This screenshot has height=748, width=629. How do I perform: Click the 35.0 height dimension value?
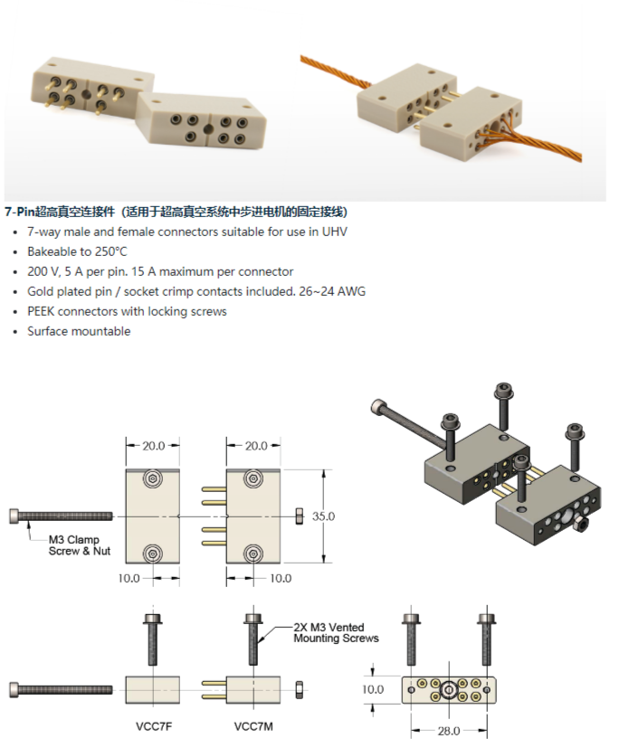click(x=323, y=516)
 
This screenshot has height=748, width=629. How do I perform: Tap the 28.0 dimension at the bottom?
click(x=449, y=731)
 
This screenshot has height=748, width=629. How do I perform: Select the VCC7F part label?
click(x=154, y=726)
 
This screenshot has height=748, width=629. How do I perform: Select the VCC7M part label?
click(x=253, y=726)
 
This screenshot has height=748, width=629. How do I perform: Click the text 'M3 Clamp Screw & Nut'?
click(x=80, y=545)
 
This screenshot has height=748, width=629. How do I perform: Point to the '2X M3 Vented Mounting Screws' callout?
click(x=336, y=632)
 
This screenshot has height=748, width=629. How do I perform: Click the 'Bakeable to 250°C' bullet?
click(x=77, y=251)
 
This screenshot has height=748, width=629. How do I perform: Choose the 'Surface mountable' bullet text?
click(x=79, y=331)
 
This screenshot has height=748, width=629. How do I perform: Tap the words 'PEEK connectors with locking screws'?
click(x=127, y=311)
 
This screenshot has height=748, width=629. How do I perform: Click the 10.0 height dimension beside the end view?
click(x=373, y=689)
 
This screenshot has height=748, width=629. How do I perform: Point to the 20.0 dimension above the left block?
click(x=153, y=446)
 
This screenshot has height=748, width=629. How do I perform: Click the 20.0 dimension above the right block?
click(x=256, y=446)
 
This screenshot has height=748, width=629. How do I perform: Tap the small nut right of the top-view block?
click(x=300, y=516)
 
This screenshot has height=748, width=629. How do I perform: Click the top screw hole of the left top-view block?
click(x=153, y=478)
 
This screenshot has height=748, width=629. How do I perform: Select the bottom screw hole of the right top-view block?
click(x=253, y=554)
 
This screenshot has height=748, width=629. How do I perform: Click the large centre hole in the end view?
click(x=449, y=690)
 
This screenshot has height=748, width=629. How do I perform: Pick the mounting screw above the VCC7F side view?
click(x=153, y=639)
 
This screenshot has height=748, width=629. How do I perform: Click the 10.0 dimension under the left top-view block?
click(x=129, y=578)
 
